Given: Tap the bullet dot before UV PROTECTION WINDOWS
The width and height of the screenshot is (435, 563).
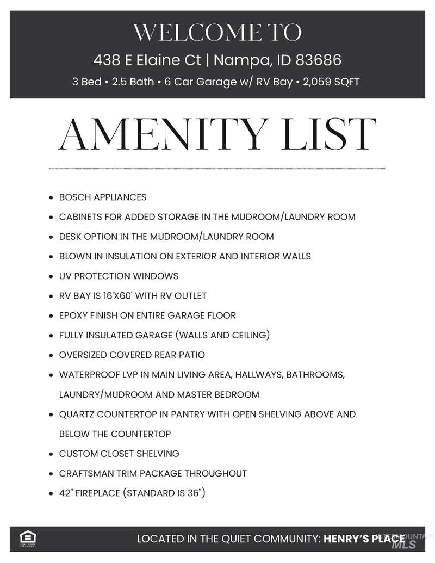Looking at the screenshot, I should pos(51,276).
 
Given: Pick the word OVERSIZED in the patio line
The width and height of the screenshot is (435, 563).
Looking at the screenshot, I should pos(83,355).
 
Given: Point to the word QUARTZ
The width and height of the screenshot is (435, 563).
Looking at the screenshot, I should pos(76,414).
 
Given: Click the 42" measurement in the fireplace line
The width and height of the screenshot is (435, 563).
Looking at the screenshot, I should pos(65,493).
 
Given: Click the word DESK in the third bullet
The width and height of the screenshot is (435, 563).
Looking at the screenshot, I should pos(70,237).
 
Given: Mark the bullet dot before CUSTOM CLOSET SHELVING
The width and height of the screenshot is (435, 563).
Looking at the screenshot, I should pos(51,454).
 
